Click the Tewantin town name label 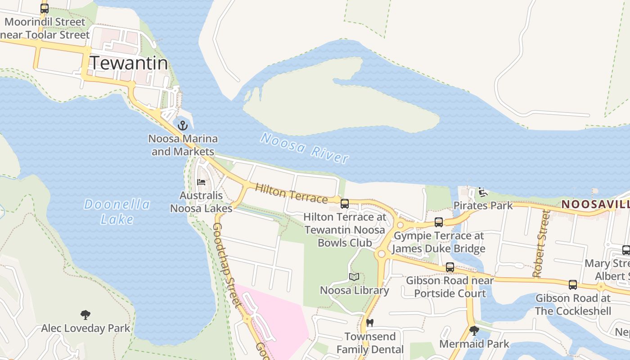click(x=129, y=63)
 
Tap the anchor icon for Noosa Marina click(x=183, y=125)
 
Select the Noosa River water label click(x=304, y=148)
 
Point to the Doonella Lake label click(x=117, y=211)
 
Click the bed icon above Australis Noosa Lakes click(x=201, y=182)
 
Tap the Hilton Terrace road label click(x=291, y=193)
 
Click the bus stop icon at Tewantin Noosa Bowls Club click(x=345, y=203)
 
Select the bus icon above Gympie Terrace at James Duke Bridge click(x=439, y=222)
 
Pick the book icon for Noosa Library click(x=354, y=277)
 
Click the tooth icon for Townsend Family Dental click(x=370, y=323)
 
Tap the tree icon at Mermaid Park click(x=474, y=331)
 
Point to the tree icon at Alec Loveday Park click(x=85, y=315)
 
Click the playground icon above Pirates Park click(x=483, y=192)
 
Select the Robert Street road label click(x=540, y=244)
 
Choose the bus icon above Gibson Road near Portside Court click(x=450, y=267)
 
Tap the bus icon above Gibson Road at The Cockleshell click(x=572, y=284)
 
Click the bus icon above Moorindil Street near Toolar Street click(x=44, y=8)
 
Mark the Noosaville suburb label click(x=595, y=204)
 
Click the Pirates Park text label click(x=483, y=206)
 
